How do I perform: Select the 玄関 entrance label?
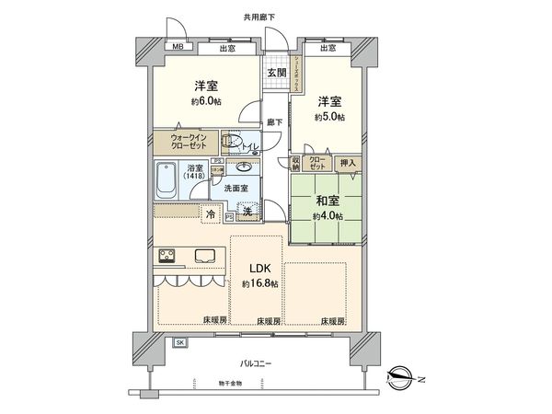point(276,74)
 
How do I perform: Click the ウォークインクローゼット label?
point(193,143)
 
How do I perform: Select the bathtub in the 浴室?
point(167,181)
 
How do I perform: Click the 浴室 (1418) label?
point(195,173)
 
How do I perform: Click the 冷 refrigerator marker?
point(211,213)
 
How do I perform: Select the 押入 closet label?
point(349,162)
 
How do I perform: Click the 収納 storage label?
point(296,163)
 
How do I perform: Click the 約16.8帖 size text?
point(259,284)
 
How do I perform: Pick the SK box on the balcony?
point(179,342)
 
